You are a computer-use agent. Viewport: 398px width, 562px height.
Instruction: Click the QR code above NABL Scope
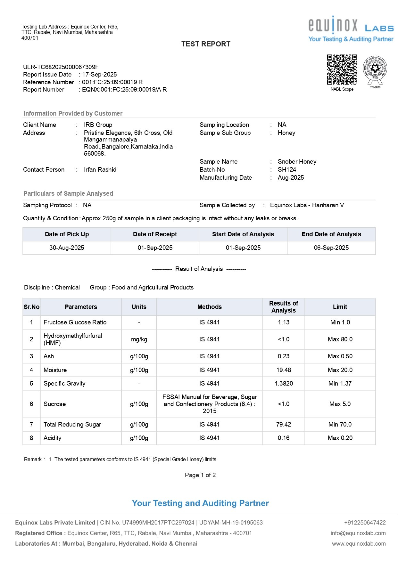coord(342,69)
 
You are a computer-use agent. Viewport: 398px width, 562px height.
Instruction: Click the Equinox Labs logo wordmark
coord(351,26)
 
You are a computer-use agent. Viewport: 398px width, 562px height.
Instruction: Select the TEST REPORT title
coord(206,44)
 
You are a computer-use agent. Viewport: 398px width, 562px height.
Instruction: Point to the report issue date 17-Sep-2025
coord(99,75)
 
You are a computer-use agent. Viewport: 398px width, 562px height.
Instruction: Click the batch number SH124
coord(287,170)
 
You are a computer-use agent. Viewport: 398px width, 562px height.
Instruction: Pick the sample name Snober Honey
coord(297,162)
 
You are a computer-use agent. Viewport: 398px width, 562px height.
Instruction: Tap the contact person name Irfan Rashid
coord(100,170)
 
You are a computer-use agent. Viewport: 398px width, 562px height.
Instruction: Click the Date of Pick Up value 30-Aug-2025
coord(67,248)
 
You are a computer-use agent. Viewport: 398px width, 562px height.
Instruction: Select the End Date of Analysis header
coord(331,234)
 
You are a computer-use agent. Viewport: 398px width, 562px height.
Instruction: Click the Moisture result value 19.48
coord(284,370)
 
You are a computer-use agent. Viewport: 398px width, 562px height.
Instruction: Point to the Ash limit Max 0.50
coord(340,356)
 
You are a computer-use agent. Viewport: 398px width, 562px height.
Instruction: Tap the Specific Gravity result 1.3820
coord(284,384)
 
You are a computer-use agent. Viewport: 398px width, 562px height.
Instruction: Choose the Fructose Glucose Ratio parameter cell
coord(75,322)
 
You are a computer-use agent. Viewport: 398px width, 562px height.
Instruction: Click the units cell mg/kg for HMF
coord(139,339)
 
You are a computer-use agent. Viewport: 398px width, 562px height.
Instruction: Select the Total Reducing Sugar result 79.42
coord(284,425)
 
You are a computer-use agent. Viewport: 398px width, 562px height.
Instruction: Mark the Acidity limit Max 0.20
coord(340,438)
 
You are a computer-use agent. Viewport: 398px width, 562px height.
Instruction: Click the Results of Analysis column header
coord(284,307)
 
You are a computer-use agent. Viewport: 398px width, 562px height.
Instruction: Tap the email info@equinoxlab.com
coord(358,533)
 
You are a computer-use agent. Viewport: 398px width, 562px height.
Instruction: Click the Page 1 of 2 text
coord(200,475)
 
